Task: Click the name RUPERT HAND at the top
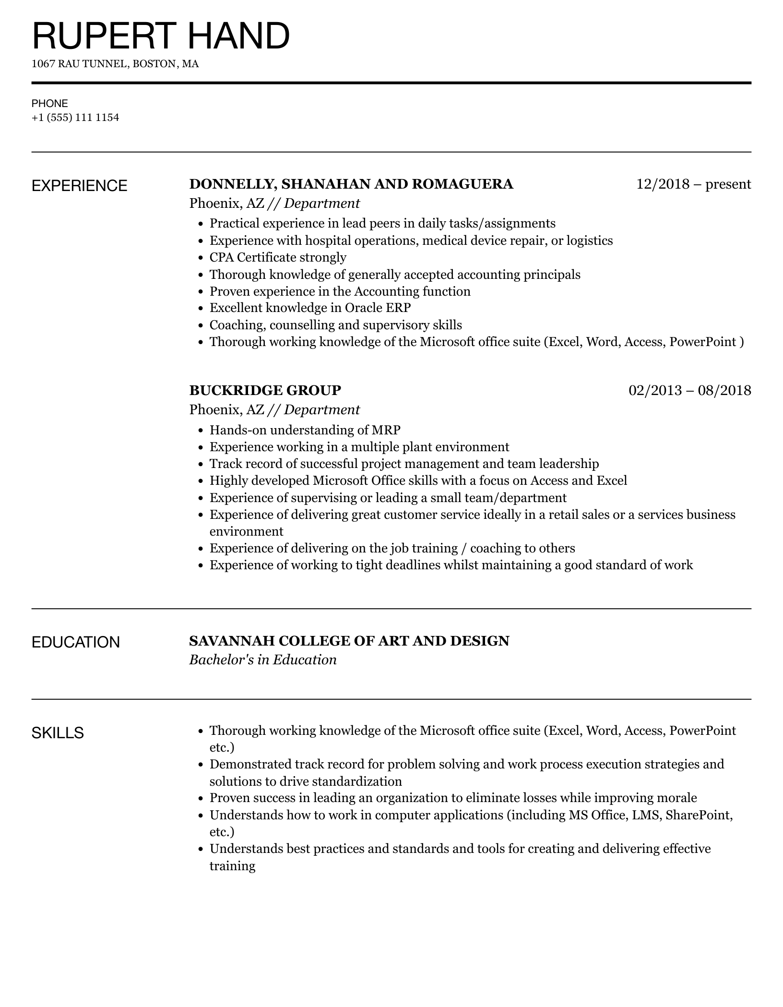tap(161, 36)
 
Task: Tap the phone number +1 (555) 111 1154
tap(75, 118)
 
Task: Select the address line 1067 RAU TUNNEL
tap(115, 64)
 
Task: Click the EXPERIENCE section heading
tap(79, 186)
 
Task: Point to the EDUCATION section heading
tap(75, 642)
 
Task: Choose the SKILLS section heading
tap(58, 733)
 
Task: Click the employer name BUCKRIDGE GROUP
tap(265, 390)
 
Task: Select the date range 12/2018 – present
tap(693, 184)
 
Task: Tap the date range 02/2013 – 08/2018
tap(689, 390)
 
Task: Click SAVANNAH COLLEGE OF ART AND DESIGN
tap(349, 641)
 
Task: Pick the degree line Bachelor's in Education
tap(262, 660)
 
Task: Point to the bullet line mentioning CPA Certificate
tap(278, 257)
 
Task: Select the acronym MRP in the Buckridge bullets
tap(386, 430)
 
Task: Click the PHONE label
tap(50, 104)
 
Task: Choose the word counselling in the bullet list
tap(302, 325)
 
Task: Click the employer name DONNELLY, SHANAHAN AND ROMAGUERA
tap(351, 184)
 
